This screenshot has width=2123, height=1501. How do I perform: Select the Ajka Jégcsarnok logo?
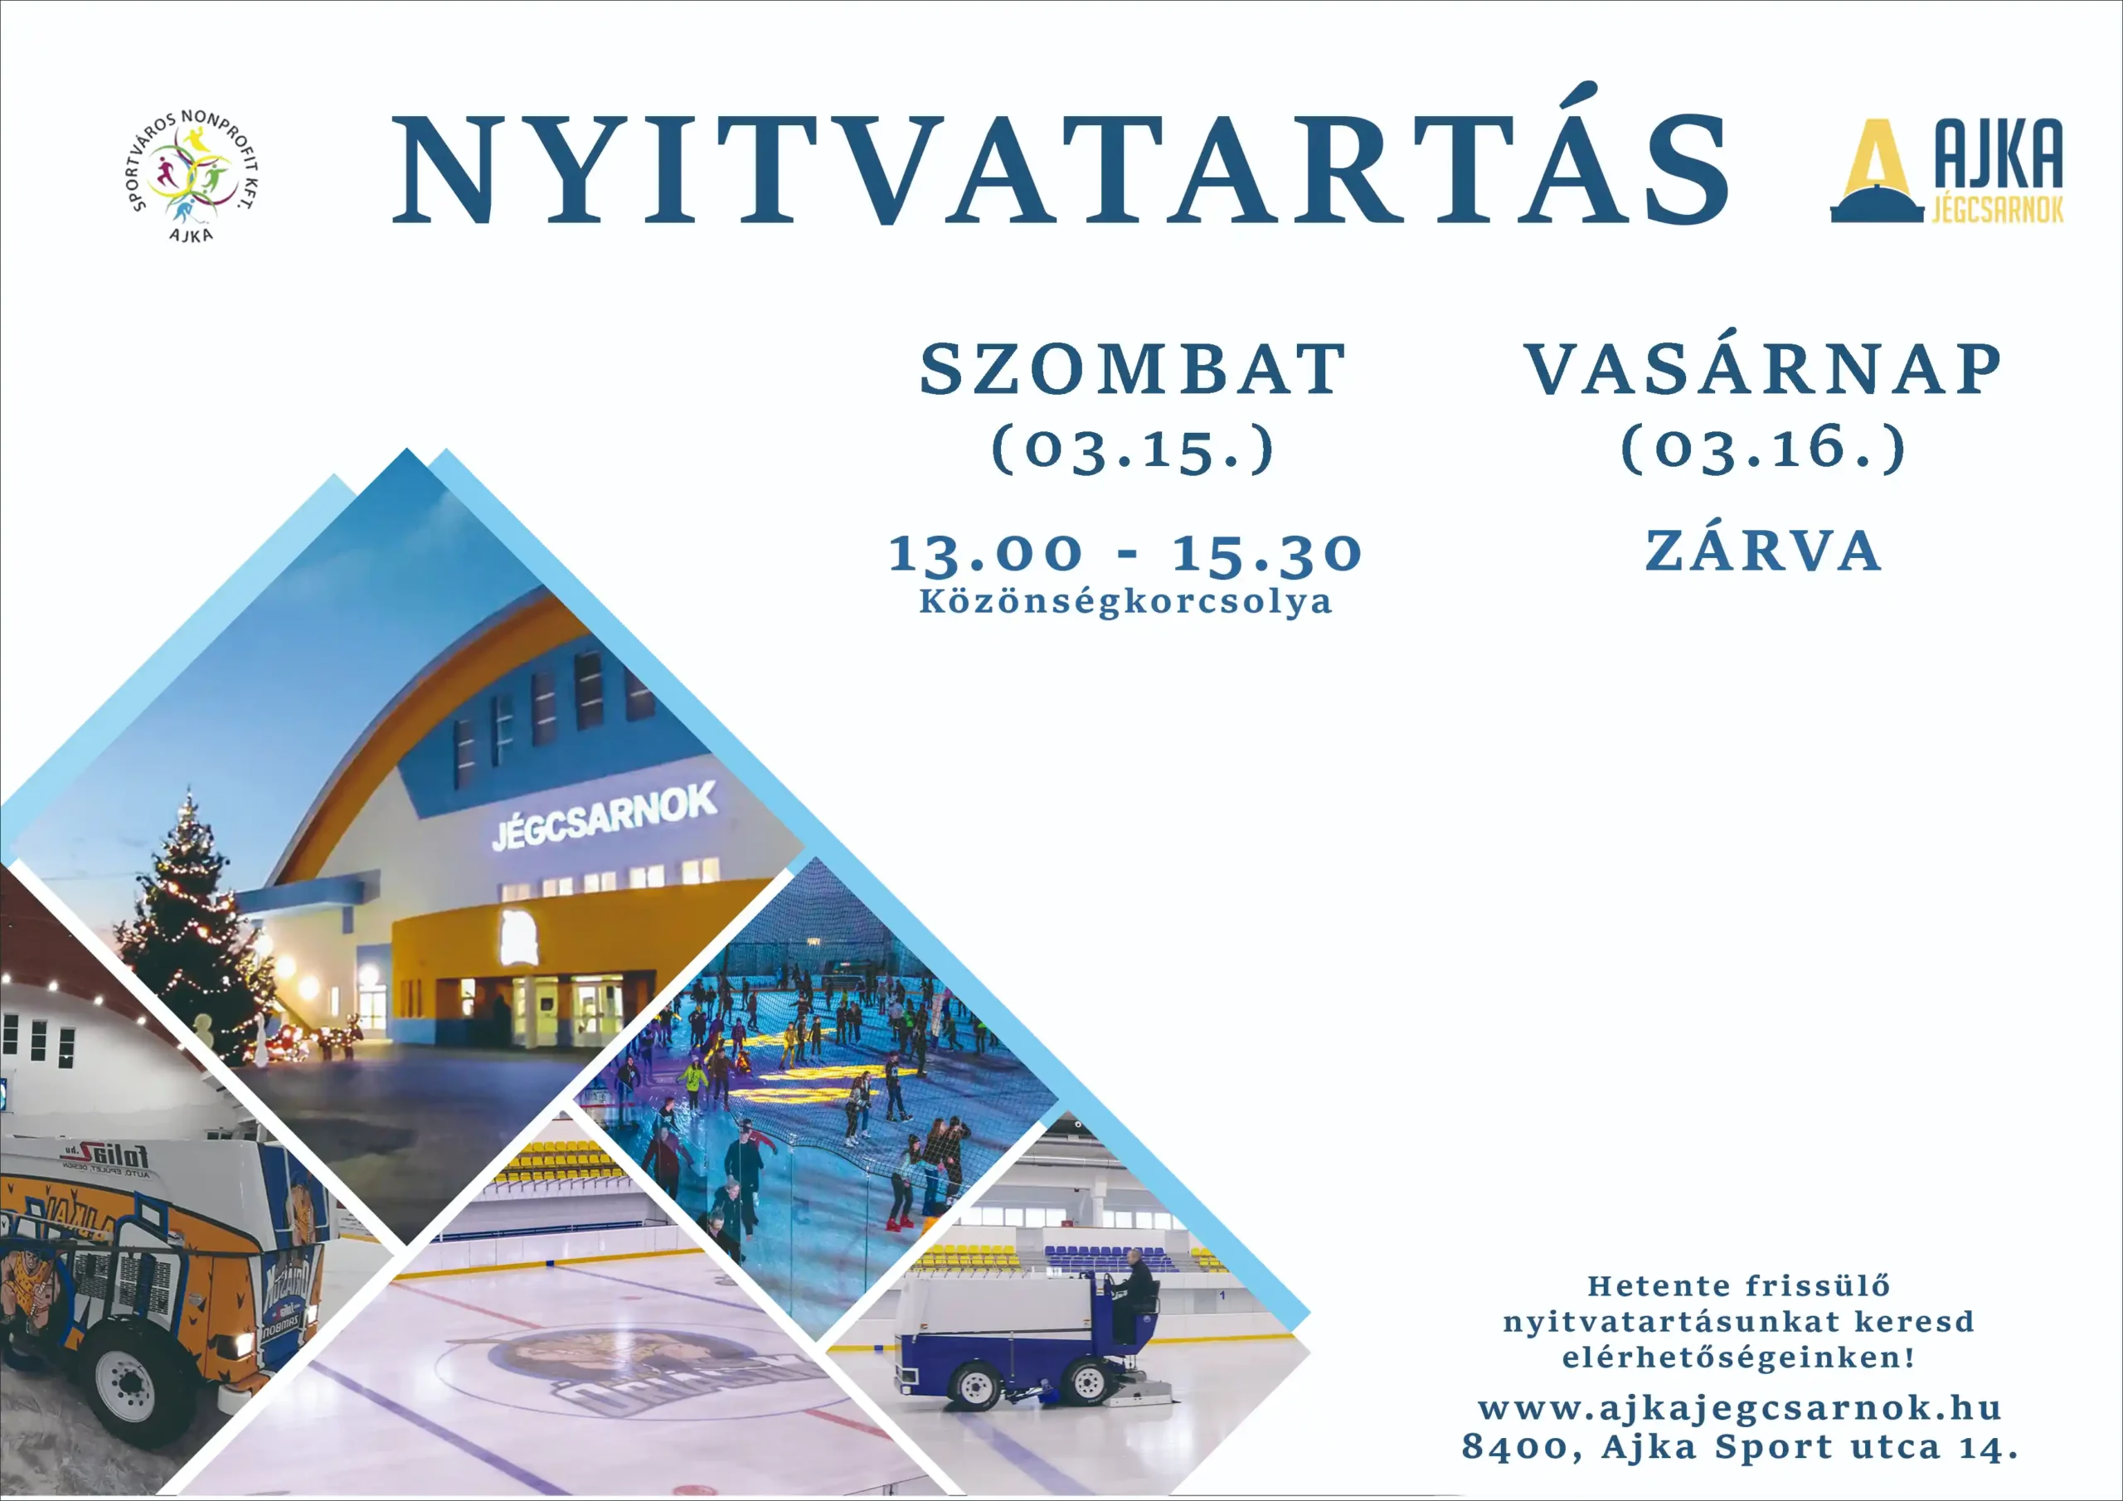[1947, 170]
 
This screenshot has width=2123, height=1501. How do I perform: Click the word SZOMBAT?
[1133, 369]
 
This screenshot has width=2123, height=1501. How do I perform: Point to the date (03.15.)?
[1133, 449]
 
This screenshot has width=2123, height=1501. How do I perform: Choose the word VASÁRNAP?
[1763, 369]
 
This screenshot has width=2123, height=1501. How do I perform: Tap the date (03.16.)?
[1763, 449]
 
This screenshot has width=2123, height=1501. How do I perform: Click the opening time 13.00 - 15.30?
[1125, 553]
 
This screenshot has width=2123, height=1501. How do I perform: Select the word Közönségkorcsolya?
[1125, 602]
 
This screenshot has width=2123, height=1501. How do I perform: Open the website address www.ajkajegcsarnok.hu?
[1739, 1407]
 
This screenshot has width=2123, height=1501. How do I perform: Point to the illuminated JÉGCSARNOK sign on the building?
[604, 817]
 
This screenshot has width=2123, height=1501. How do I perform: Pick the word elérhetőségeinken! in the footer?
[1738, 1358]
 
